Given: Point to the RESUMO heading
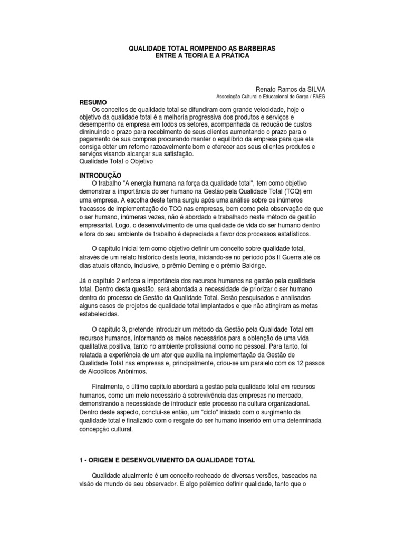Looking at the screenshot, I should tap(93, 102).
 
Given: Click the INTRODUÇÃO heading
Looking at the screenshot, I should tap(100, 175).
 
